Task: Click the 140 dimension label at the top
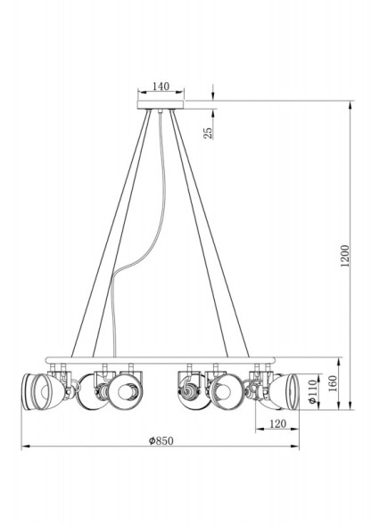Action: [161, 86]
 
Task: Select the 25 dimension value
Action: [208, 134]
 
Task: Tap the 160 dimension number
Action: [331, 385]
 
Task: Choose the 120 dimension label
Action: [277, 424]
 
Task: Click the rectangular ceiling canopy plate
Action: [161, 105]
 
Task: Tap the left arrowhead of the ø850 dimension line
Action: [24, 446]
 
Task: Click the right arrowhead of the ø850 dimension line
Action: [298, 446]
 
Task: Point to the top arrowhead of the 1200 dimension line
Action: [348, 102]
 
